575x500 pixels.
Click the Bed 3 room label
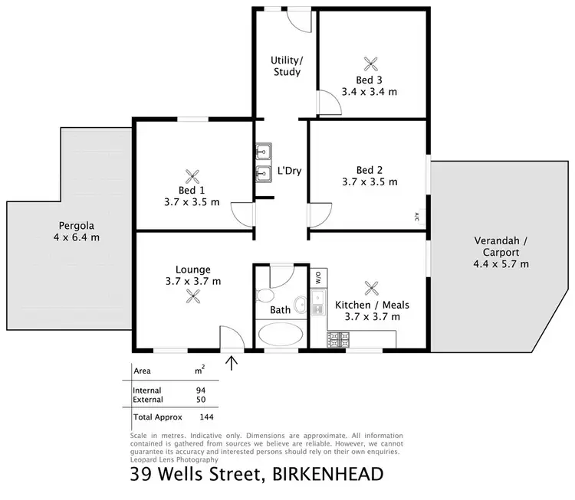coord(369,80)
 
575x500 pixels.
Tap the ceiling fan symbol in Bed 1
coord(193,175)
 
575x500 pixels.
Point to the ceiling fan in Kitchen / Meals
coord(373,289)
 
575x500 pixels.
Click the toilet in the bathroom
coord(266,296)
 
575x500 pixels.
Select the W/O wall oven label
coord(317,277)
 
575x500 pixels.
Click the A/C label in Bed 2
coord(417,216)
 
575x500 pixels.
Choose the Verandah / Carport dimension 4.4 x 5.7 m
coord(501,264)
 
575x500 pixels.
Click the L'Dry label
coord(289,171)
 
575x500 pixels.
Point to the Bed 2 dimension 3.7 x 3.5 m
coord(369,182)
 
